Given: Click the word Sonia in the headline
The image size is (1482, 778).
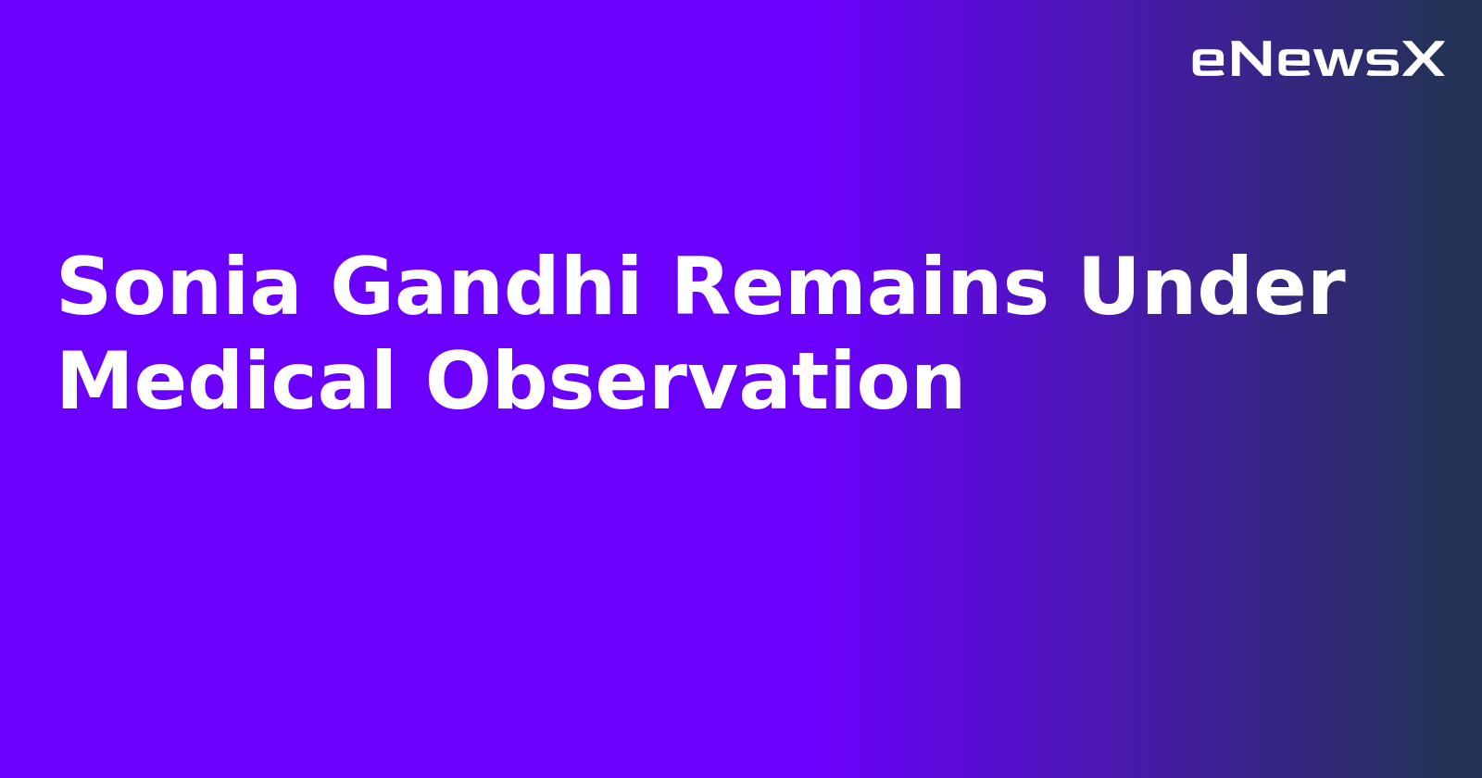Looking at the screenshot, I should (179, 288).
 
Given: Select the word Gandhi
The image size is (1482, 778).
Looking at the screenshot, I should (485, 288).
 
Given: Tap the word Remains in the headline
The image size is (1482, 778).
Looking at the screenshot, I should (860, 288).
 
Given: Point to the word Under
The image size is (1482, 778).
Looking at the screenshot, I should (1212, 288).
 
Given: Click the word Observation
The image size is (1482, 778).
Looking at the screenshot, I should (695, 383).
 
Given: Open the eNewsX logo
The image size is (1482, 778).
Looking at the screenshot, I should (1317, 60).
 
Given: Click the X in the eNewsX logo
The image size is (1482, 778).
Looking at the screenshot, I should (1424, 60).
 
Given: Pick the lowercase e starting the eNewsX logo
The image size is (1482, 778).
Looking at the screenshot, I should (1209, 62).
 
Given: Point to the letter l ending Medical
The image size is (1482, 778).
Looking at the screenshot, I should (385, 381).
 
